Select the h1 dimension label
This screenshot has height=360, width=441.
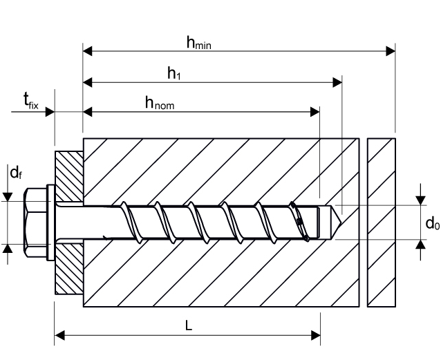[175, 73]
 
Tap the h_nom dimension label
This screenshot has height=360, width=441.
[159, 103]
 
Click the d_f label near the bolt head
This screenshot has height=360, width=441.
[15, 173]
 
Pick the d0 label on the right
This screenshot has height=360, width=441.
[432, 222]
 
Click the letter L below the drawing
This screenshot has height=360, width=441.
[189, 327]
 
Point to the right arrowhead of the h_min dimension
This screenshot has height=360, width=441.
[391, 50]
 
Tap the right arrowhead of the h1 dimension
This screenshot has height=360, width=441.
[338, 82]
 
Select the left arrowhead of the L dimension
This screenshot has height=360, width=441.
[59, 336]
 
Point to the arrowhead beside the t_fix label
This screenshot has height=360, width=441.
[50, 111]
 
